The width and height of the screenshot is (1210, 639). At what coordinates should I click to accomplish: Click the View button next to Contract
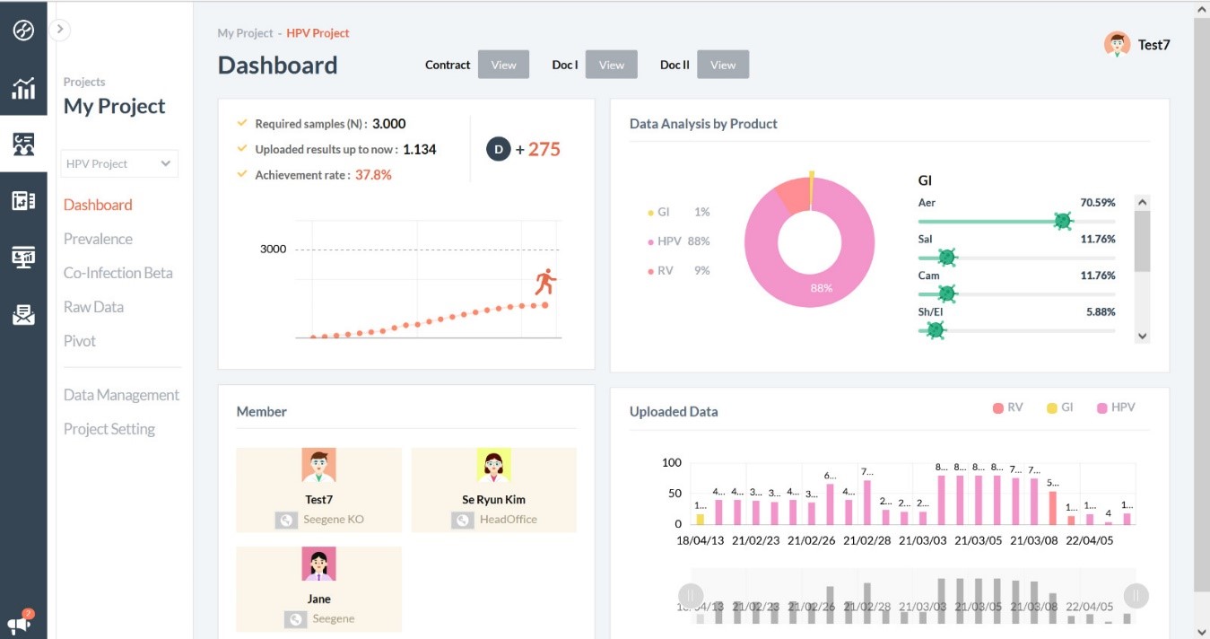click(x=503, y=65)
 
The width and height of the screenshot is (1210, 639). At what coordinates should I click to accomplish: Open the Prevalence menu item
click(x=98, y=239)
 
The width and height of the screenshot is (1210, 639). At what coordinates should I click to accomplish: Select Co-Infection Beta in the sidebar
click(x=118, y=273)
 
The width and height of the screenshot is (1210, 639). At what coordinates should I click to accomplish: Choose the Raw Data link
click(x=93, y=307)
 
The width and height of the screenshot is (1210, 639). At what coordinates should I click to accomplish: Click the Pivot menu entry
click(x=80, y=341)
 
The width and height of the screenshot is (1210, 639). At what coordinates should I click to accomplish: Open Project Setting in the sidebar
click(x=109, y=429)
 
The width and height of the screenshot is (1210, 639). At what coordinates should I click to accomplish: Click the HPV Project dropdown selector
click(x=118, y=163)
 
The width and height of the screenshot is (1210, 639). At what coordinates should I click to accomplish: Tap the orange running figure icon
click(x=545, y=282)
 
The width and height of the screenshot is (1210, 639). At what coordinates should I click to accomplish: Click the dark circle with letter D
click(x=498, y=149)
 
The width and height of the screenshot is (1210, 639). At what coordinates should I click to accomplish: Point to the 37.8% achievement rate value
click(x=373, y=175)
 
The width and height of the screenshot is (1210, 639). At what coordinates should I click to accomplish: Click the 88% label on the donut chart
click(x=821, y=288)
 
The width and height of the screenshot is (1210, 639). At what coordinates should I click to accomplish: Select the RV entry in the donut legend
click(x=665, y=270)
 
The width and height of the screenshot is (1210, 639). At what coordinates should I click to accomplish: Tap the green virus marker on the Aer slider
click(x=1063, y=221)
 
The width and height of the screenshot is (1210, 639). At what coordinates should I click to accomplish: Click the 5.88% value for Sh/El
click(x=1100, y=312)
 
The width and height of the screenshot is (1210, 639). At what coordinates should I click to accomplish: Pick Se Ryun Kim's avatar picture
click(x=493, y=466)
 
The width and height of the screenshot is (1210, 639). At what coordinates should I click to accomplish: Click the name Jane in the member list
click(x=318, y=599)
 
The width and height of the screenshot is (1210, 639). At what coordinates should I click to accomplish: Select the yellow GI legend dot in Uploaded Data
click(x=1051, y=408)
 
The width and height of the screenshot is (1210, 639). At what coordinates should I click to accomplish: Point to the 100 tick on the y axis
click(x=671, y=463)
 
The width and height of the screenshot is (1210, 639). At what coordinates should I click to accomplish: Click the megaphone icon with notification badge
click(x=20, y=623)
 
